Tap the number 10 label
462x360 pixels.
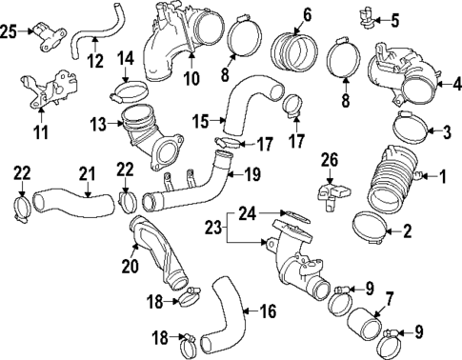coord(189,75)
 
